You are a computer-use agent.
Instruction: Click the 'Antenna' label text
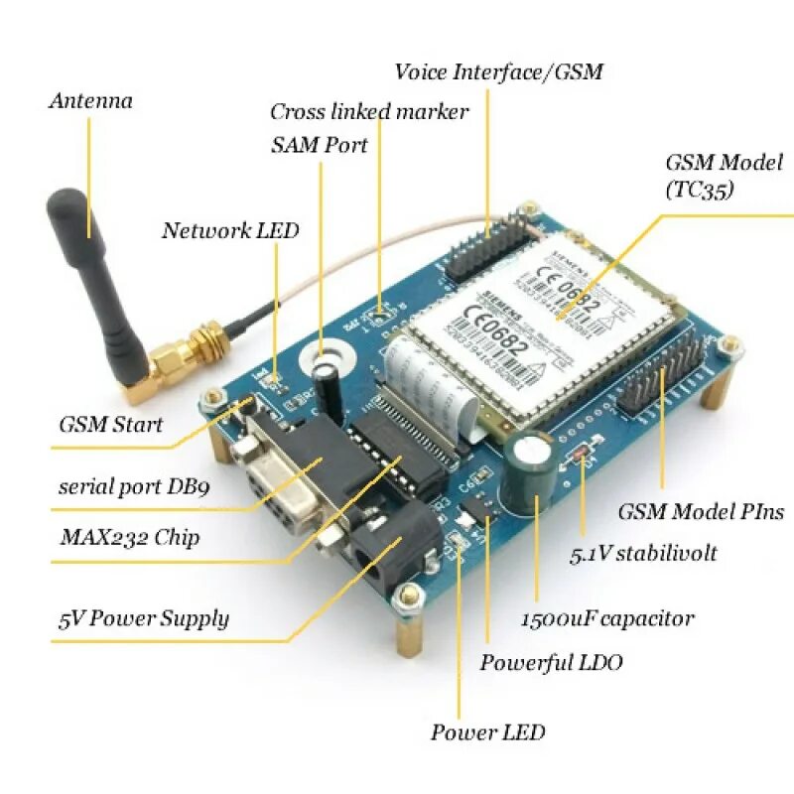coord(90,101)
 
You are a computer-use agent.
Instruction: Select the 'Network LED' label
coord(230,231)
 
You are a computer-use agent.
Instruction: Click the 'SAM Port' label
coord(319,146)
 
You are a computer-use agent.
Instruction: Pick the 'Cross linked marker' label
coord(369,112)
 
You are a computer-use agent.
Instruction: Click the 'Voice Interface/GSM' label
coord(498,72)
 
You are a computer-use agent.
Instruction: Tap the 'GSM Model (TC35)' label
coord(724,175)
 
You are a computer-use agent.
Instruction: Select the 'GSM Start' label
coord(110,425)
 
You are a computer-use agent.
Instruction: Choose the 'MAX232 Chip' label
coord(129,538)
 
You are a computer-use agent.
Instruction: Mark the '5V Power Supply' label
coord(143,619)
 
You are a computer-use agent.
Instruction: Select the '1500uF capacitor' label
coord(607,618)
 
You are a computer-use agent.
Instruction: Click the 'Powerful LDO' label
coord(551,662)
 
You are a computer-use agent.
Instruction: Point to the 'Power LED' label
coord(487,732)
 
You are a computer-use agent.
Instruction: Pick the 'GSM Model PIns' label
coord(701,512)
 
